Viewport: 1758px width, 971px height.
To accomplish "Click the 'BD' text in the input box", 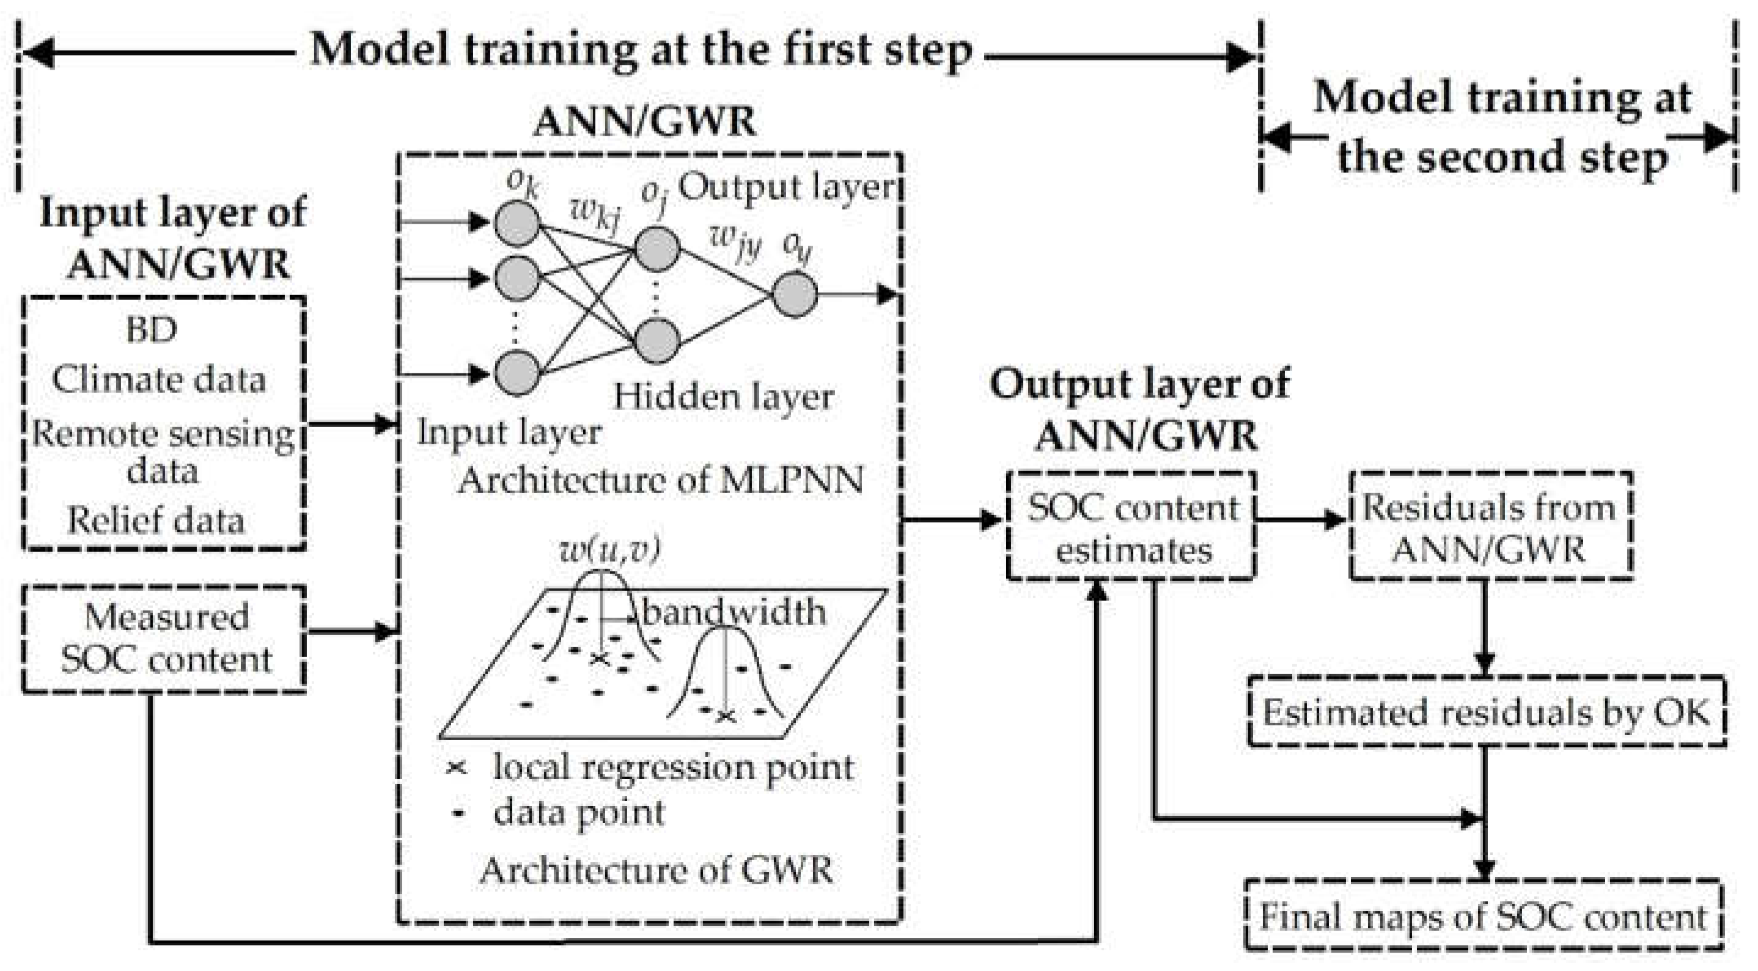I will [152, 330].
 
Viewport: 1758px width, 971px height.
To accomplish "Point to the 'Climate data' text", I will [158, 380].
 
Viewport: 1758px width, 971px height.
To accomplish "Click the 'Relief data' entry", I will [156, 521].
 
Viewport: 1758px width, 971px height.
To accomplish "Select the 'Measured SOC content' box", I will [164, 639].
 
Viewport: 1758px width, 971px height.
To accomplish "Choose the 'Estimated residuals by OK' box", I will [1487, 713].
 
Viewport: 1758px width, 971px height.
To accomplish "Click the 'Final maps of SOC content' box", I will [1482, 917].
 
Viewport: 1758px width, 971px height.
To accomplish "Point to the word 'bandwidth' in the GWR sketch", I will [734, 612].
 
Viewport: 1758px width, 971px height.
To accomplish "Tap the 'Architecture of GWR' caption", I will [656, 870].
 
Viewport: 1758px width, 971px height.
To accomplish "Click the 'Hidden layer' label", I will [723, 397].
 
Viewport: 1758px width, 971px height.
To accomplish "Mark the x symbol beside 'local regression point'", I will [456, 768].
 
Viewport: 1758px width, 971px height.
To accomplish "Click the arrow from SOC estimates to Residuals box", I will [1301, 520].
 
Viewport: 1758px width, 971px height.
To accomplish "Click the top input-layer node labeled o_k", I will [517, 222].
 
